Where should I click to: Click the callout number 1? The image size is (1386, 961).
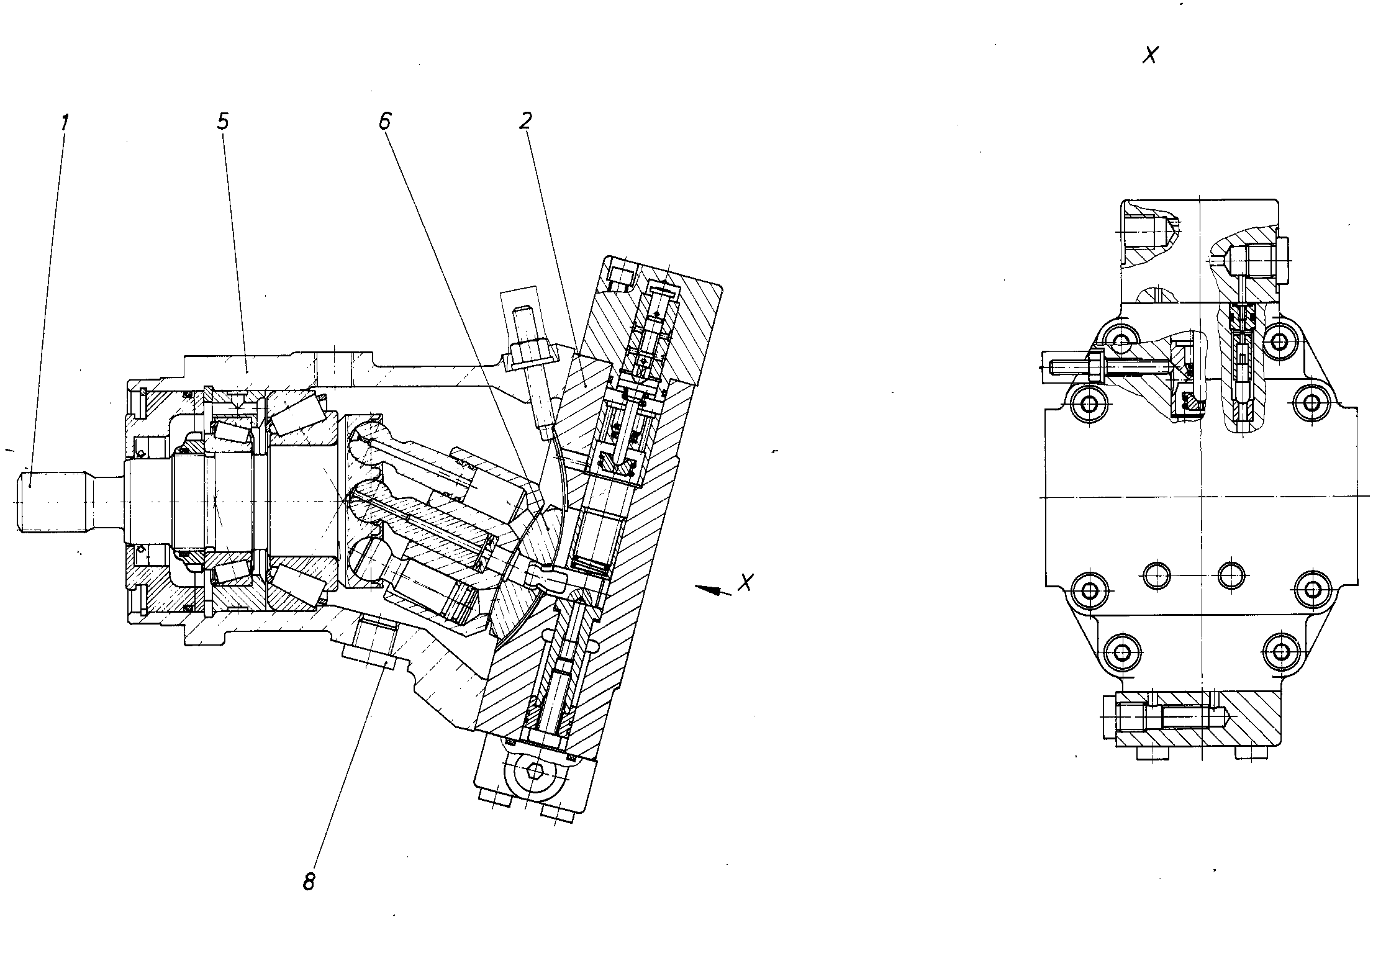tap(64, 122)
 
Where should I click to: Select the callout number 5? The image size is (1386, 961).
tap(222, 122)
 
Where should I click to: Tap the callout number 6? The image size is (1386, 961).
tap(385, 122)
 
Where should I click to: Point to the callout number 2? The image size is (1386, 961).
tap(525, 122)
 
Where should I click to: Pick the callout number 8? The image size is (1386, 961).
tap(309, 882)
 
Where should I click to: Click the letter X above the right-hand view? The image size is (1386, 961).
tap(1150, 56)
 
